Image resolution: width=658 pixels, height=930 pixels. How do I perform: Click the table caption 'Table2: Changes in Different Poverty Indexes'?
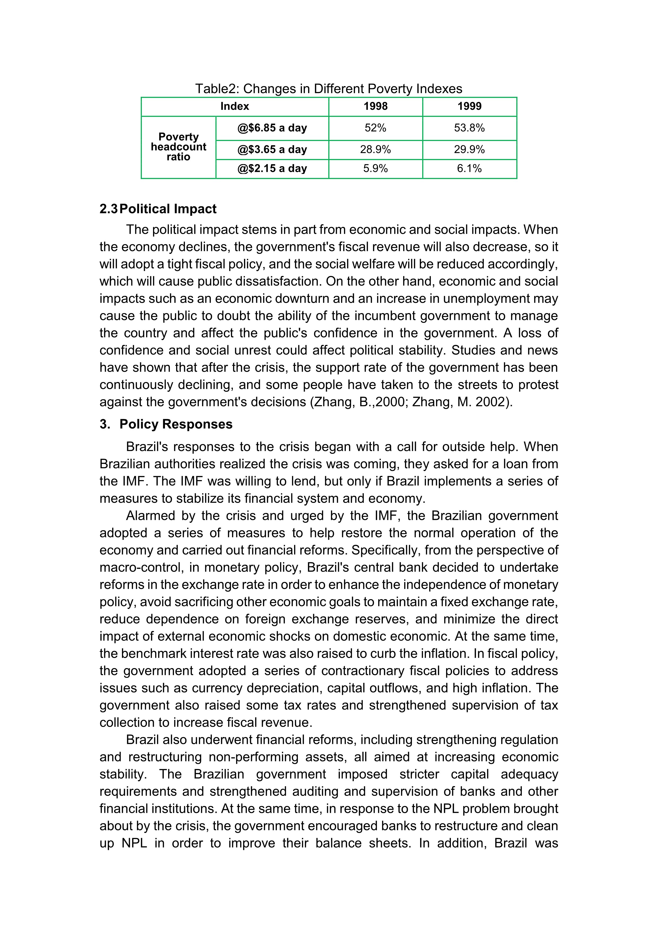[x=329, y=89]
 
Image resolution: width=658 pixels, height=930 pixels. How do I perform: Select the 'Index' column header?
[x=235, y=107]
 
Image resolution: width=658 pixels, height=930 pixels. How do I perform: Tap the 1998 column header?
[x=376, y=107]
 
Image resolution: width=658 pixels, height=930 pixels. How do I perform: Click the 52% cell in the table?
[x=376, y=128]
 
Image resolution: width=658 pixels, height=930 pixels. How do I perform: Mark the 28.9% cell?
[x=376, y=150]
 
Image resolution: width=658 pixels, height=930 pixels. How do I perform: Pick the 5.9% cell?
[x=376, y=169]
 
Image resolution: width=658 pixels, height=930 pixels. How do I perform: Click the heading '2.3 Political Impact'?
[x=158, y=209]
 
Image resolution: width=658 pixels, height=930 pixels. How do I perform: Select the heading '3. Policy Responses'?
[x=166, y=424]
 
